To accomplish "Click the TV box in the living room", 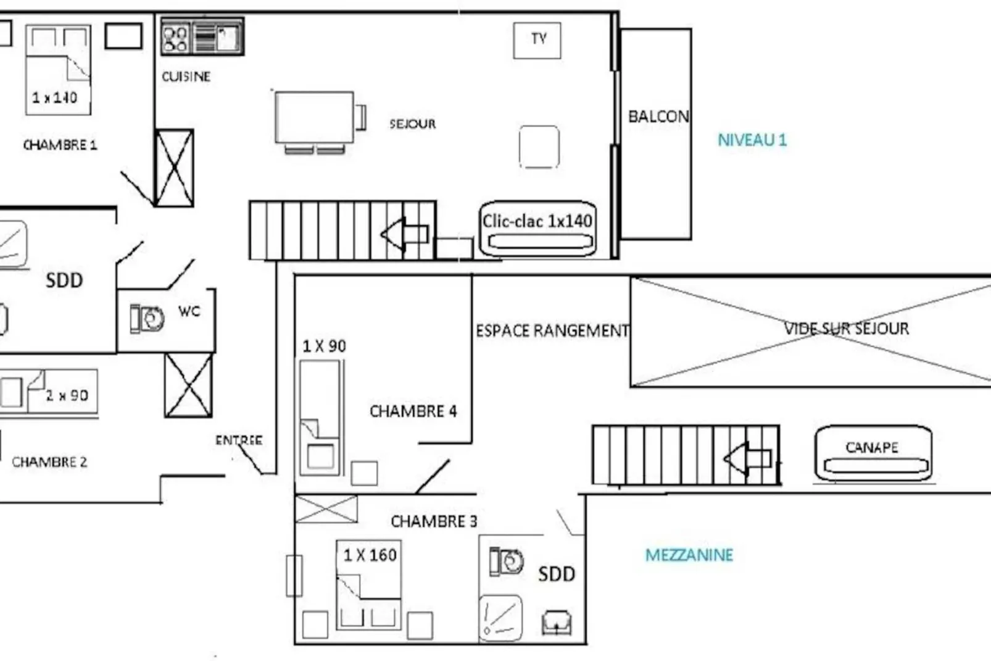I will pos(537,40).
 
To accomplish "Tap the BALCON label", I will pos(658,117).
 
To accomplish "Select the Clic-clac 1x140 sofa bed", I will pos(537,229).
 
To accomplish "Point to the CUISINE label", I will pos(186,77).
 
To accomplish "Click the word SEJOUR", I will pos(412,124).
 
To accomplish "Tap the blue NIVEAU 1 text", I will pos(752,140).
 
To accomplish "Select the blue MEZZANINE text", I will pos(689,555).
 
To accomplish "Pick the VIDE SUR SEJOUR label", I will pos(846,329).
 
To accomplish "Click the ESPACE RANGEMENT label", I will pos(552,331).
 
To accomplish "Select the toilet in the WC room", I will pos(147,319).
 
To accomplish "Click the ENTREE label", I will pos(239,440).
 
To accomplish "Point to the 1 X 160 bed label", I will pos(370,555).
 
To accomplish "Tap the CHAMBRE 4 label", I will pos(413,411).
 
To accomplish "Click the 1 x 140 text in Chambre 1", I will pos(54,98).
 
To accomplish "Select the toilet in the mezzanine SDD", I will pos(506,562).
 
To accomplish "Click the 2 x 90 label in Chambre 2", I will pos(67,395).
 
